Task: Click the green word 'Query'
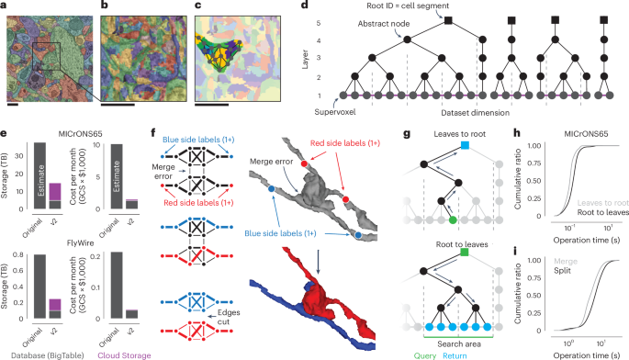tap(463, 353)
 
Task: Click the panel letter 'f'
tap(188, 130)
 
